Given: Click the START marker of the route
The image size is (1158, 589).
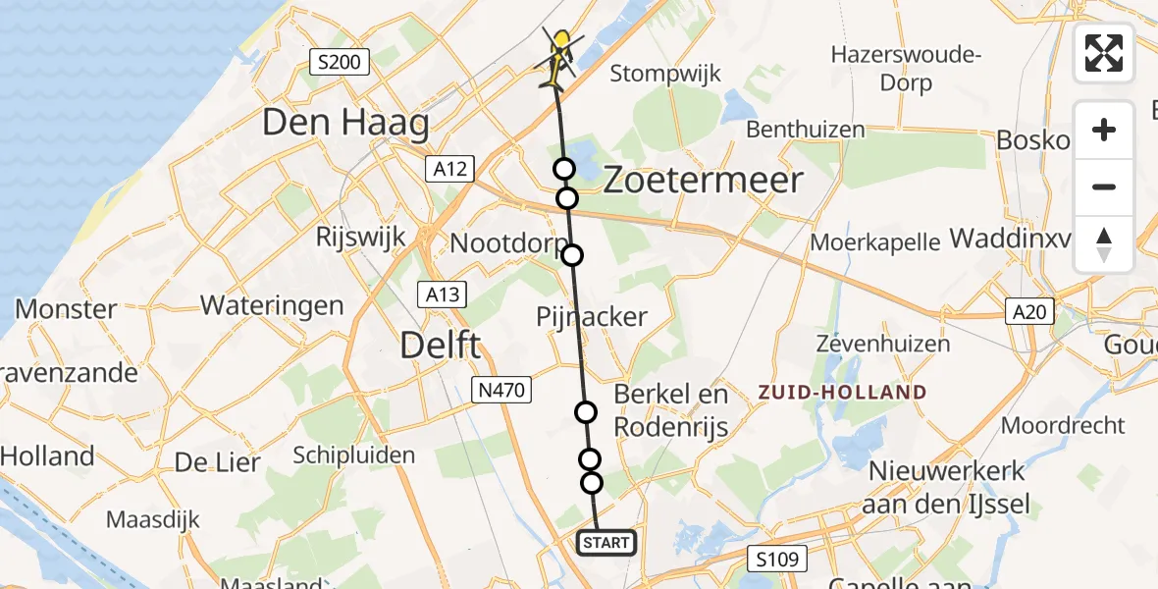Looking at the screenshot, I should (605, 543).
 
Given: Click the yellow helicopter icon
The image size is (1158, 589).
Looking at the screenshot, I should (559, 57).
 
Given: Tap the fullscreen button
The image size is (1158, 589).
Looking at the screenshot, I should (1104, 53).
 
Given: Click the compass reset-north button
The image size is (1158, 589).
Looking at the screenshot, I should (1104, 244).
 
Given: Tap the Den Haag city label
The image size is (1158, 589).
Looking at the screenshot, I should (345, 124).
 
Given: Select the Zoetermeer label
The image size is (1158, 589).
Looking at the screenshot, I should (703, 181).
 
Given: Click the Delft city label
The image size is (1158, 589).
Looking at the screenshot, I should (441, 346).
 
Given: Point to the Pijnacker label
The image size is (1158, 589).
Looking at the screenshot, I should (592, 316).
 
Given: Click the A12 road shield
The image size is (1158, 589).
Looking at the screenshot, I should (451, 169).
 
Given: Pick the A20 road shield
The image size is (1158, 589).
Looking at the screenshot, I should (1029, 312).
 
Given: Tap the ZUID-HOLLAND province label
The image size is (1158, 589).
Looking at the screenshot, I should (842, 393).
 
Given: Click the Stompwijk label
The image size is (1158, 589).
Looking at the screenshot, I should (665, 74).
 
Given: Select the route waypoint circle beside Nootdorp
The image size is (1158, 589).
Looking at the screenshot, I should (572, 255).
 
